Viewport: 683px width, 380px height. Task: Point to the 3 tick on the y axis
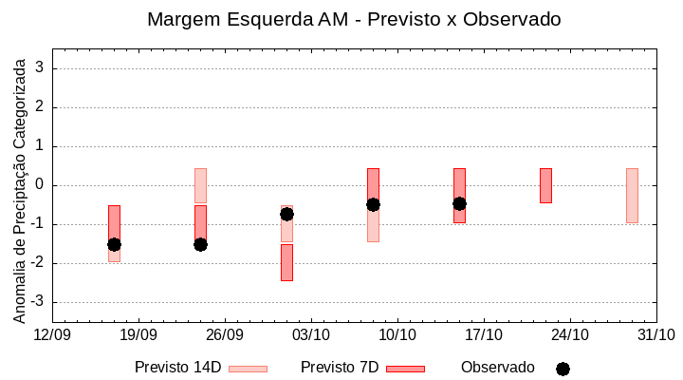pos(42,68)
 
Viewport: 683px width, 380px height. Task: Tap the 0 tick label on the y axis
pos(42,185)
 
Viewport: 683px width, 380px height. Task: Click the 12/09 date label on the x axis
pos(52,335)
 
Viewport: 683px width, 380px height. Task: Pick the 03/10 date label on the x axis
pos(311,335)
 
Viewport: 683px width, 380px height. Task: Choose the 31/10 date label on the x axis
pos(656,335)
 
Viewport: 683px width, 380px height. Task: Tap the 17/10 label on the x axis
pos(484,335)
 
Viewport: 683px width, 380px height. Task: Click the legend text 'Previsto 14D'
pos(177,368)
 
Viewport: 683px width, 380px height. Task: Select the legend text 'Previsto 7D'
pos(340,368)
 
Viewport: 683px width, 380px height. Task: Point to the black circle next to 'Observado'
pos(563,369)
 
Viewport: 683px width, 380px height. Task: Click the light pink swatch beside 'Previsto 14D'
pos(248,369)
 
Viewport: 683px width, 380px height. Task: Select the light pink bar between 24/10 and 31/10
pos(632,195)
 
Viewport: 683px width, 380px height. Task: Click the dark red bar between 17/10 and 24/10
pos(545,185)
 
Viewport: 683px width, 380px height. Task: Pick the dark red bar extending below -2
pos(286,262)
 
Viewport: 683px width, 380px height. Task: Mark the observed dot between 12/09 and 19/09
pos(114,244)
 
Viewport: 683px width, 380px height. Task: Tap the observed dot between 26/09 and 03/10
pos(286,214)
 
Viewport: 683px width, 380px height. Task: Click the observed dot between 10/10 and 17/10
pos(459,203)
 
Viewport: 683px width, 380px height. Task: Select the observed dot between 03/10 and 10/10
pos(373,204)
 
